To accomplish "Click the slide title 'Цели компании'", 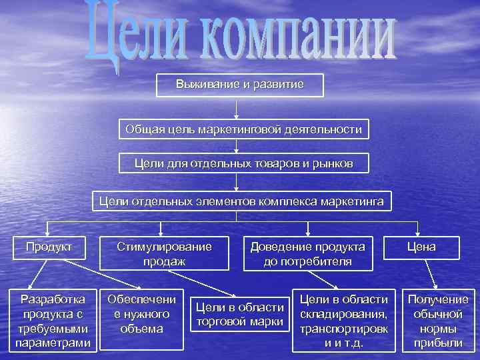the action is point(240,37).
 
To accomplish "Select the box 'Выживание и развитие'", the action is point(239,85).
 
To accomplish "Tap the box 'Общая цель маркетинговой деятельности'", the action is point(244,129).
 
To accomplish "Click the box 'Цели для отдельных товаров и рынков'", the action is point(244,163).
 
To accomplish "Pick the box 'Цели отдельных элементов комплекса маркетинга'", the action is point(241,201).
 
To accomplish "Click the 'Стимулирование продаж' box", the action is point(164,254).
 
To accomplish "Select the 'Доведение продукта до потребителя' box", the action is point(307,254).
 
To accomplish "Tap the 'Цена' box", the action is point(422,247).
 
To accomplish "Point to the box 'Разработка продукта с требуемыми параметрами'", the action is point(53,320).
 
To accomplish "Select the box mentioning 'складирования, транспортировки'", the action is point(344,320).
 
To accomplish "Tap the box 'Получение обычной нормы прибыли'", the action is point(438,320).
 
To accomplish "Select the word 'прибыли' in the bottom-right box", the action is point(438,343).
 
